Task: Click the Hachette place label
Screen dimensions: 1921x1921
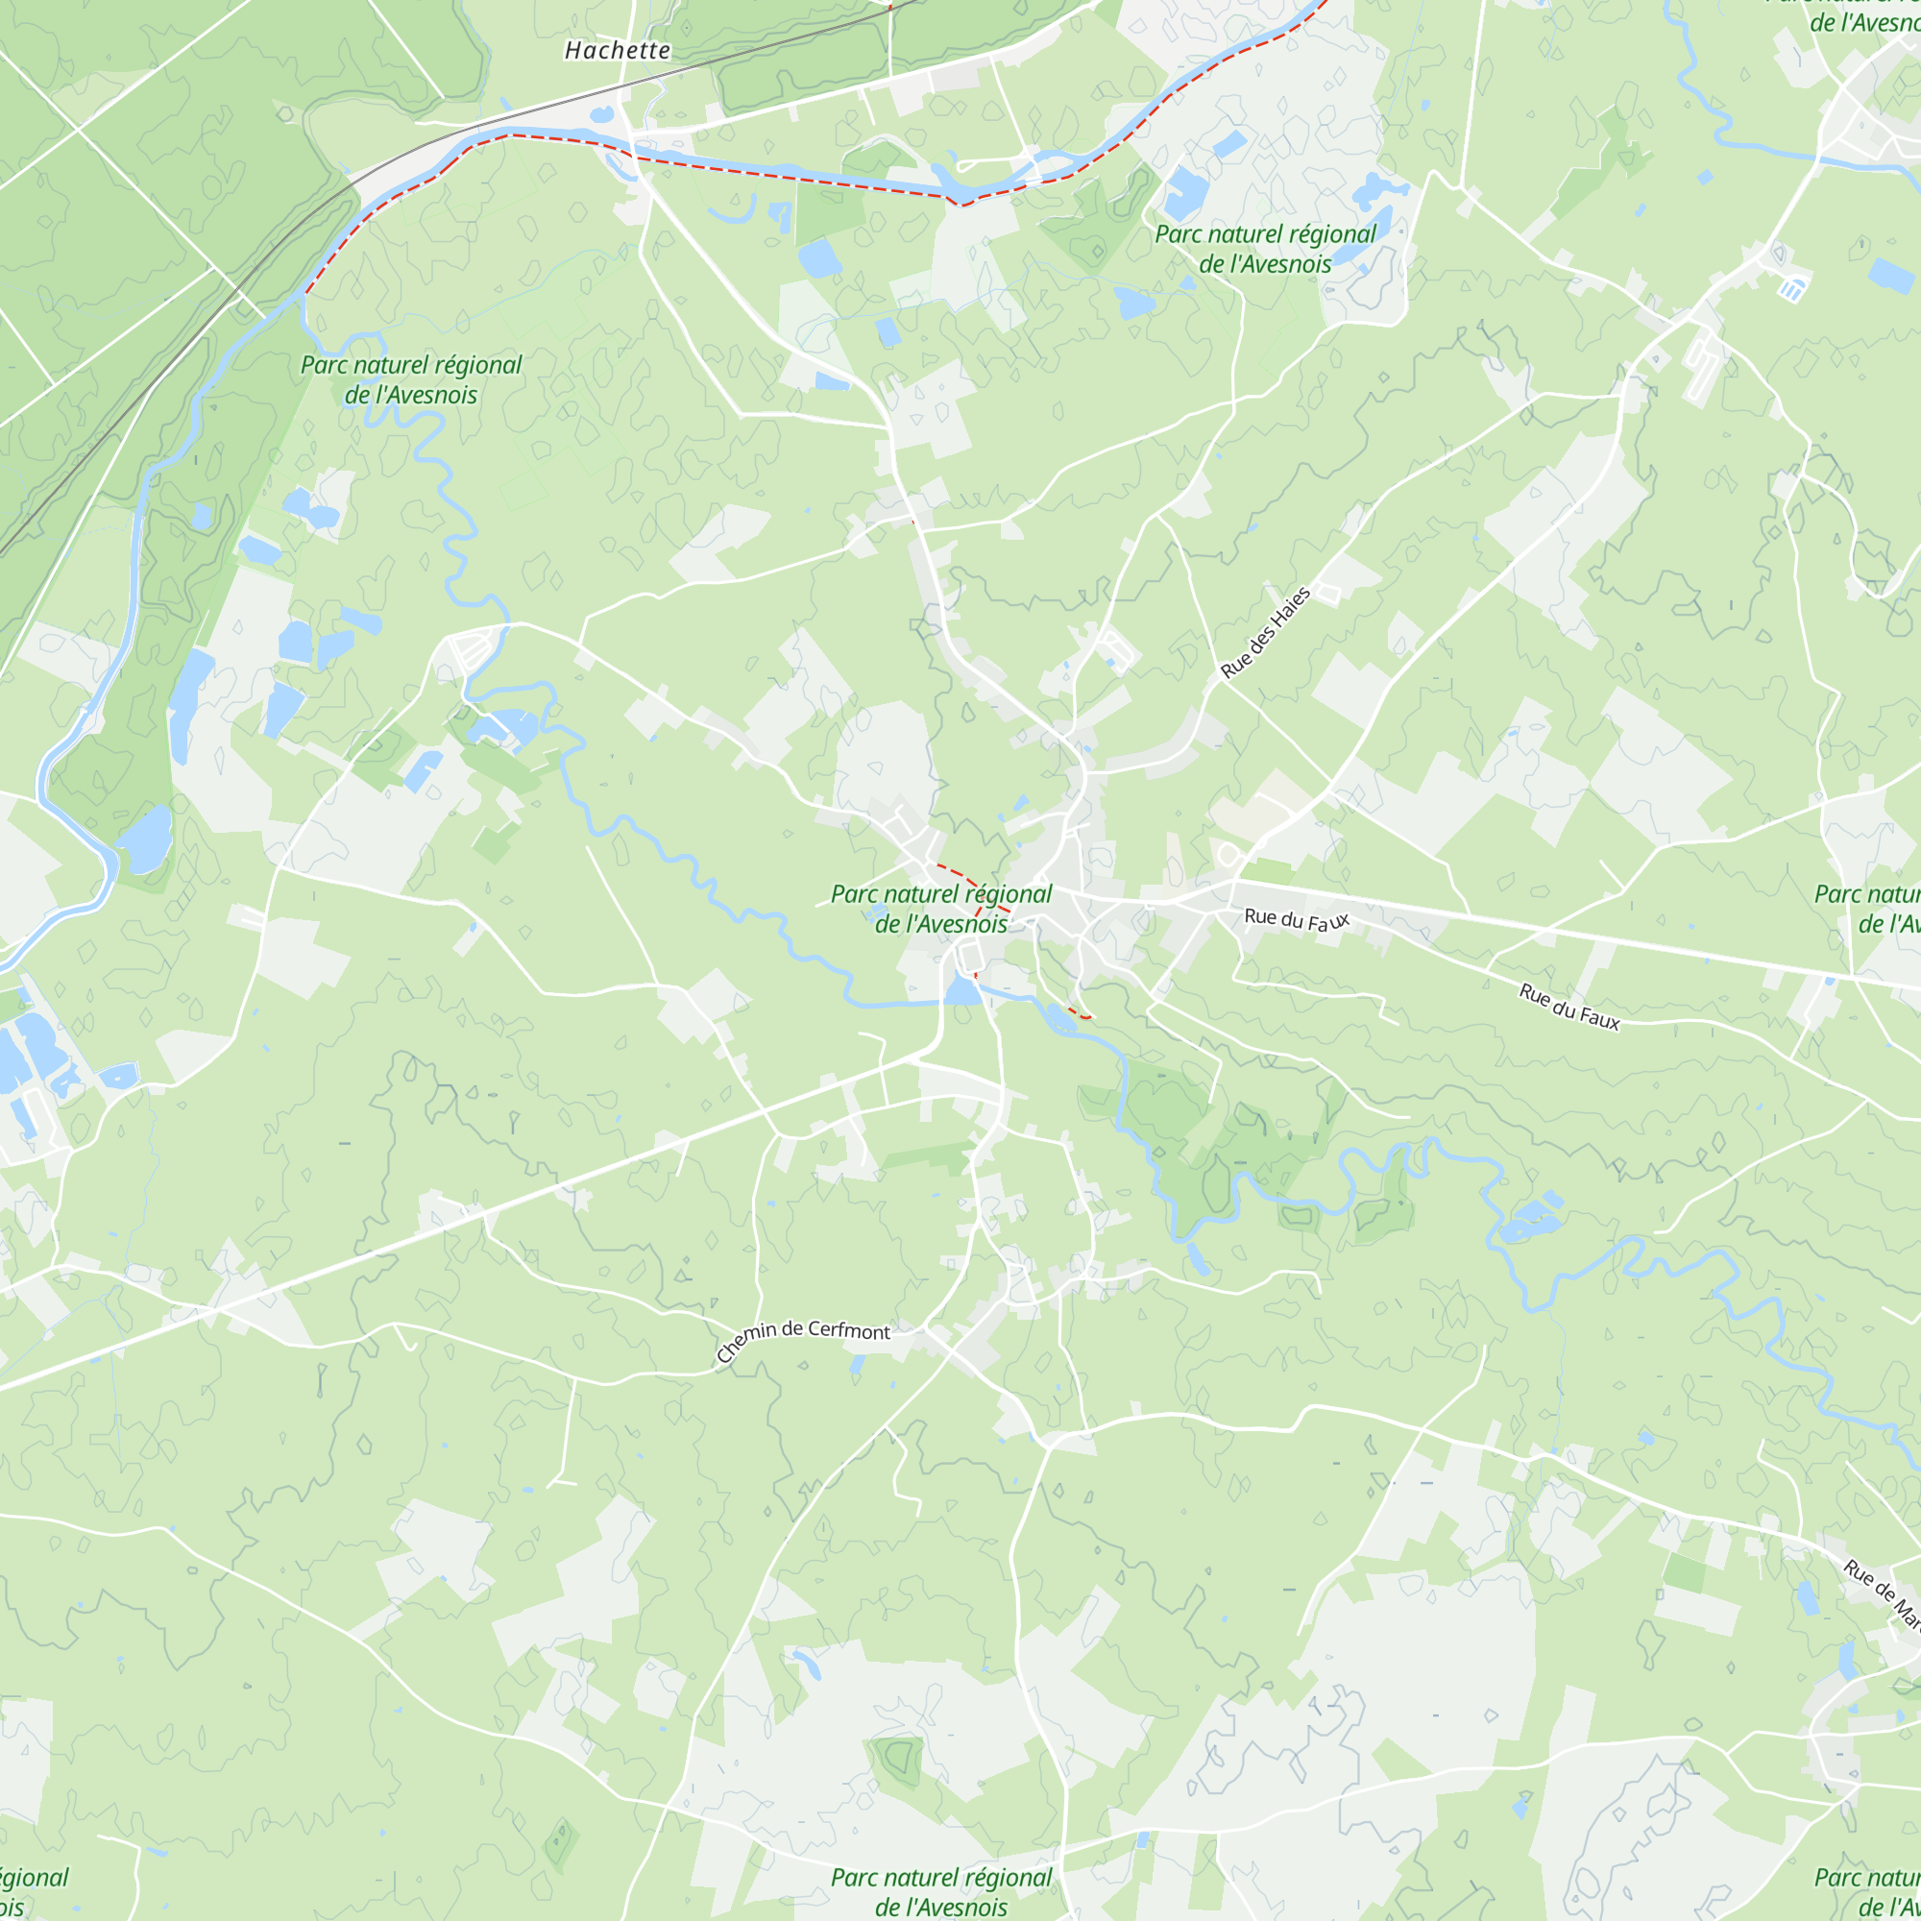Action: tap(618, 51)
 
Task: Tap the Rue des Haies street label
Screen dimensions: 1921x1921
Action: tap(1266, 632)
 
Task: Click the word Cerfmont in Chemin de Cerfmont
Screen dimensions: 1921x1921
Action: tap(848, 1330)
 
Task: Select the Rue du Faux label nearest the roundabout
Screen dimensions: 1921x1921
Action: tap(1297, 919)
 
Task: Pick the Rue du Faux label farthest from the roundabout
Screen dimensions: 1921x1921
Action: tap(1569, 1007)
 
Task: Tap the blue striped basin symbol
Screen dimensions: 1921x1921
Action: tap(1791, 289)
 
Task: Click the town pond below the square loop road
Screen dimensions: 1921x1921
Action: tap(961, 990)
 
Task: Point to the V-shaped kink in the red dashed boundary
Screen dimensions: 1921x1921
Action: tap(960, 204)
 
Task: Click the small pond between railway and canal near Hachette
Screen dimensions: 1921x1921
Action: tap(601, 115)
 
